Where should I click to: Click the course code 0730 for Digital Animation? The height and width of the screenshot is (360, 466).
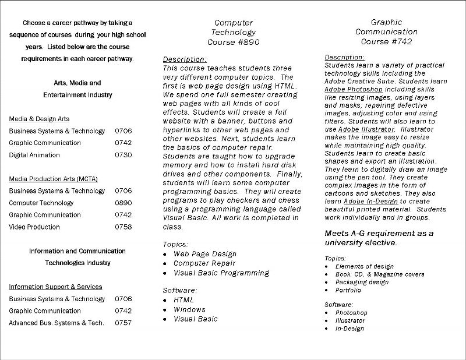click(123, 155)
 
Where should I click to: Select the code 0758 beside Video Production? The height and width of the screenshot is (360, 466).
click(123, 227)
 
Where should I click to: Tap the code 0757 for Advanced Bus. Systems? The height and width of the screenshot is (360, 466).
click(123, 323)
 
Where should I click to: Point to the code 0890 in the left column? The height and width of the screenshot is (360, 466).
click(123, 203)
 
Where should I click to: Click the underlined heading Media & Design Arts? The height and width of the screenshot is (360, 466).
click(39, 119)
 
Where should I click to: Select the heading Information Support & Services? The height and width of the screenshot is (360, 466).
click(55, 287)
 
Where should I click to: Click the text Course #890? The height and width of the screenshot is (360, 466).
click(233, 43)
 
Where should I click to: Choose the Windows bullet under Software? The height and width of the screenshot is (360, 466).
click(189, 309)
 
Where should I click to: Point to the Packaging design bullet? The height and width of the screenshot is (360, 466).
click(362, 282)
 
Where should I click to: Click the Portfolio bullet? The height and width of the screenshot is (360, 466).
click(348, 290)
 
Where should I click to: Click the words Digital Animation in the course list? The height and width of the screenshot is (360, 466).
click(34, 155)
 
